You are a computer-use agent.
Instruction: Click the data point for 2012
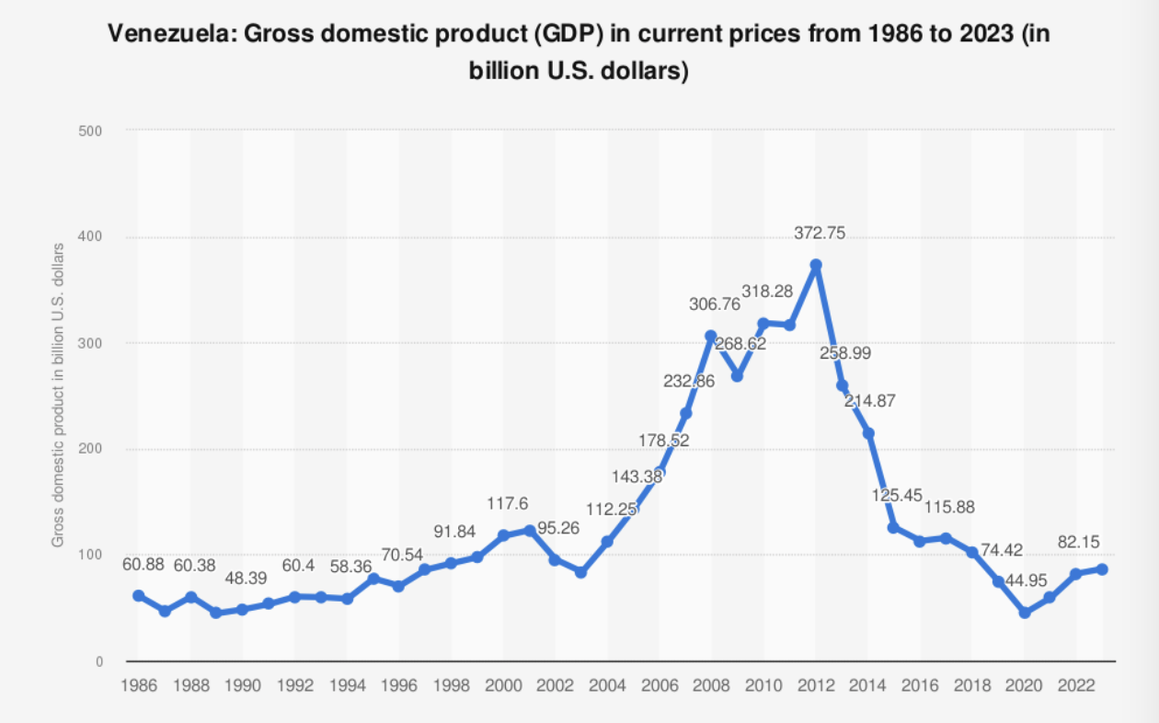point(815,265)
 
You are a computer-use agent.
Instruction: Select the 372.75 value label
point(820,235)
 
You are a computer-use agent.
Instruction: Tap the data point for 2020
point(1025,612)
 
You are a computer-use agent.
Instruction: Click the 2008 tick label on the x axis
point(711,685)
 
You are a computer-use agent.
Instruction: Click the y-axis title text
point(58,396)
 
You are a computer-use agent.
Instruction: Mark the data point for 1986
point(139,595)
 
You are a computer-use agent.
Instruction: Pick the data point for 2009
point(737,376)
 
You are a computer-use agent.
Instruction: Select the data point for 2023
point(1102,569)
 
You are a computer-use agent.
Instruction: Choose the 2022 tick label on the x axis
point(1076,685)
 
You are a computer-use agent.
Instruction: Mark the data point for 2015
point(893,527)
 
